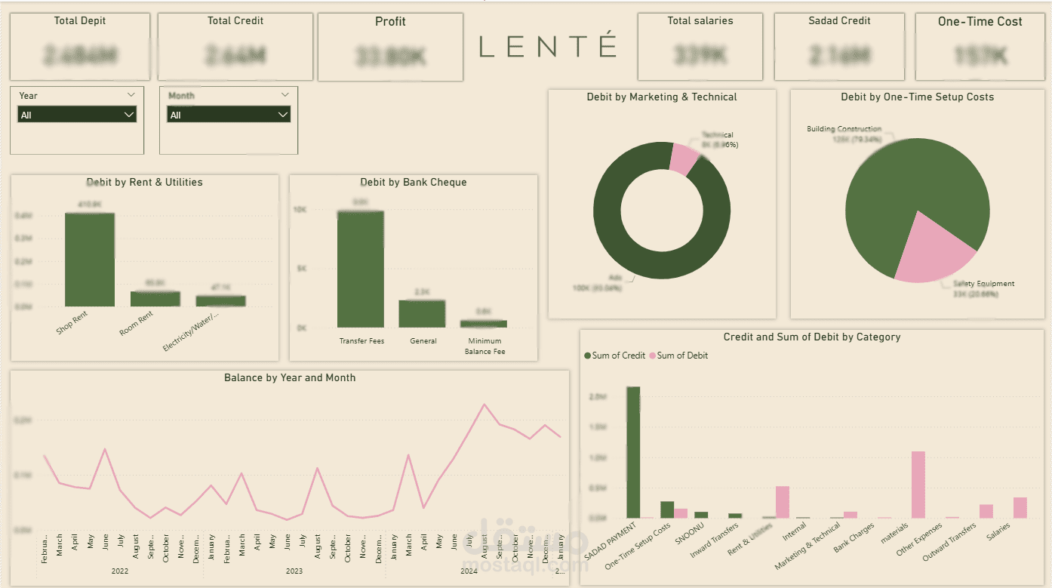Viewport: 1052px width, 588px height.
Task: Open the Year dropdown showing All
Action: [x=77, y=115]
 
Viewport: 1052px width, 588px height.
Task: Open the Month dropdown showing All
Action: [x=229, y=115]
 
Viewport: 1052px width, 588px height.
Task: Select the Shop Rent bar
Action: [x=90, y=260]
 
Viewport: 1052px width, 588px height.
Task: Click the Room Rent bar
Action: [x=155, y=299]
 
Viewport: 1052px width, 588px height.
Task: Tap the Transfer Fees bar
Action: [x=361, y=269]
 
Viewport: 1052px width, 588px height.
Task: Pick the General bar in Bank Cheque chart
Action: [x=422, y=313]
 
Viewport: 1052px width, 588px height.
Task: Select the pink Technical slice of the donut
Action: [x=684, y=159]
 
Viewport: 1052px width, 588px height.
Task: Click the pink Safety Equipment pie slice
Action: [x=935, y=249]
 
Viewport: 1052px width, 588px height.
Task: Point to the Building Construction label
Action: [x=844, y=129]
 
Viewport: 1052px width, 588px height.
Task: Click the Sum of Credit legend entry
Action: [x=614, y=356]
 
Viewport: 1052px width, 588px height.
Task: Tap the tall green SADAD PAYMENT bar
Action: [x=633, y=452]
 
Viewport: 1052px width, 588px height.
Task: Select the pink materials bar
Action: [x=918, y=485]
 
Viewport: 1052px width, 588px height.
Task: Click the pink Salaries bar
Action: [x=1020, y=507]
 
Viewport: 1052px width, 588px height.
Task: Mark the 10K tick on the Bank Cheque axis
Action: [x=300, y=210]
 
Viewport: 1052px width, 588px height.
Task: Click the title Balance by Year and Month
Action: [x=290, y=377]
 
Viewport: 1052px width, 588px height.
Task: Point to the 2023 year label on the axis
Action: [x=294, y=571]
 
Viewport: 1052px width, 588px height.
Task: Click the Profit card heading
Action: [x=390, y=22]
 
